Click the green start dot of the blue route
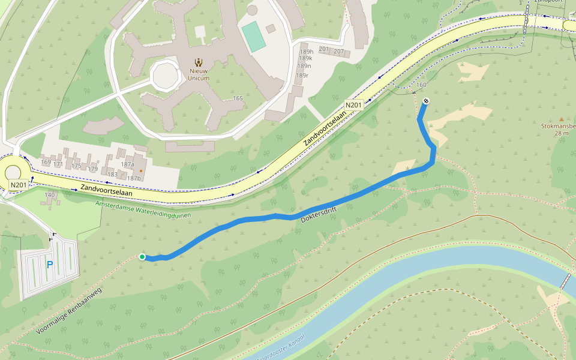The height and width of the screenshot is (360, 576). tap(142, 257)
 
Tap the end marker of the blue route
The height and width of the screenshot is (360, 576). tap(425, 101)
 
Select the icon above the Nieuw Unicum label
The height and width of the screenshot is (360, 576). tap(199, 62)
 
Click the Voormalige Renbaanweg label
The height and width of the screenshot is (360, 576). tap(69, 311)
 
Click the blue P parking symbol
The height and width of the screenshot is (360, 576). tap(50, 265)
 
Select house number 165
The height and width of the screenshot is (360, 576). tap(238, 98)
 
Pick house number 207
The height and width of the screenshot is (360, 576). tap(338, 50)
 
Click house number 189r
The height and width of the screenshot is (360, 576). tap(302, 75)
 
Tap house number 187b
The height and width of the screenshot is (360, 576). tap(133, 178)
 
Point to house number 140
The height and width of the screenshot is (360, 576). tap(50, 194)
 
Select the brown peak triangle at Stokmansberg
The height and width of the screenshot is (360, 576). tap(562, 119)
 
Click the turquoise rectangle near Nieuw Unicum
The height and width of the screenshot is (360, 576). tap(254, 37)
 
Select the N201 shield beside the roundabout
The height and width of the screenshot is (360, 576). tap(18, 185)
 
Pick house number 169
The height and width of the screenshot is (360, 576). tap(46, 163)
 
